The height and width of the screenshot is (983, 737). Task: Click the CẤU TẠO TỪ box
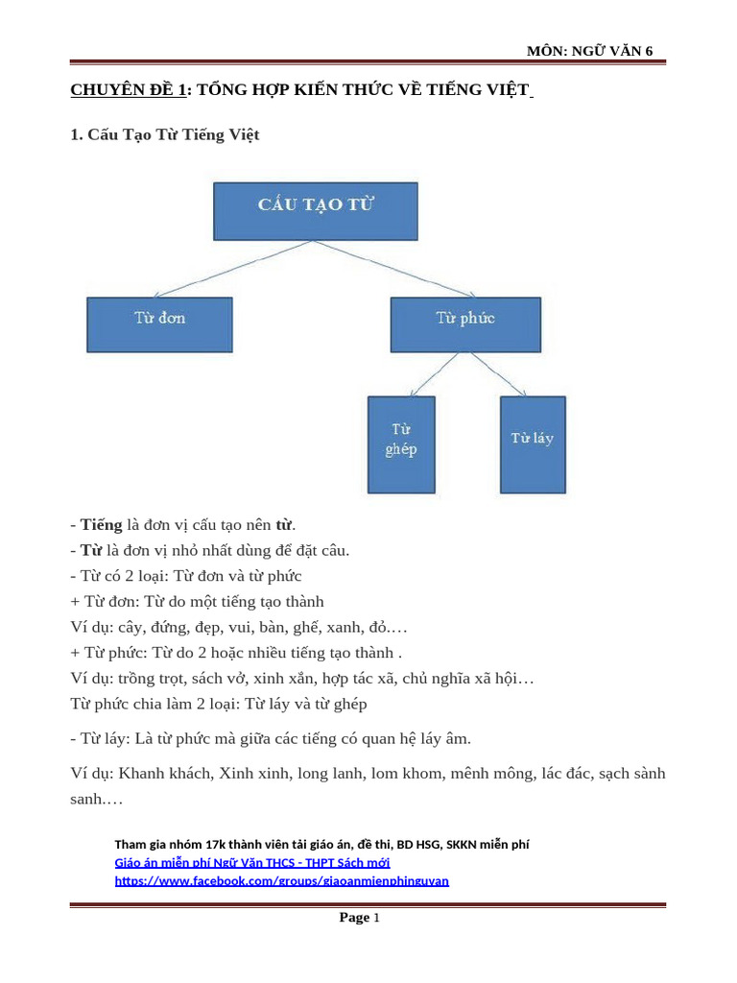pyautogui.click(x=315, y=210)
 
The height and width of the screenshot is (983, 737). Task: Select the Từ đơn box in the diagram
pyautogui.click(x=159, y=324)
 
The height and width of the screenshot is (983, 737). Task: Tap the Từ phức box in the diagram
pyautogui.click(x=465, y=324)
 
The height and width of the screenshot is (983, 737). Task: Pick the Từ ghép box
pyautogui.click(x=401, y=444)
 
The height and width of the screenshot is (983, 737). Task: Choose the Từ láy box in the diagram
pyautogui.click(x=533, y=444)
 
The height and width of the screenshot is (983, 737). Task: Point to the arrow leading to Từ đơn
pyautogui.click(x=226, y=268)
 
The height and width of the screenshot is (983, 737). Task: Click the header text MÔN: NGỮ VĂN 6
pyautogui.click(x=590, y=51)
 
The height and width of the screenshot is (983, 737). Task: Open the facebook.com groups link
pyautogui.click(x=281, y=879)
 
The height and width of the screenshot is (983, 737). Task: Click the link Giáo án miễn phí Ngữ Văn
pyautogui.click(x=251, y=862)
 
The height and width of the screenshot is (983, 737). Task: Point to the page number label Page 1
pyautogui.click(x=360, y=918)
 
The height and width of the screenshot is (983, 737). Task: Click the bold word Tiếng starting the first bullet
pyautogui.click(x=101, y=525)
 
